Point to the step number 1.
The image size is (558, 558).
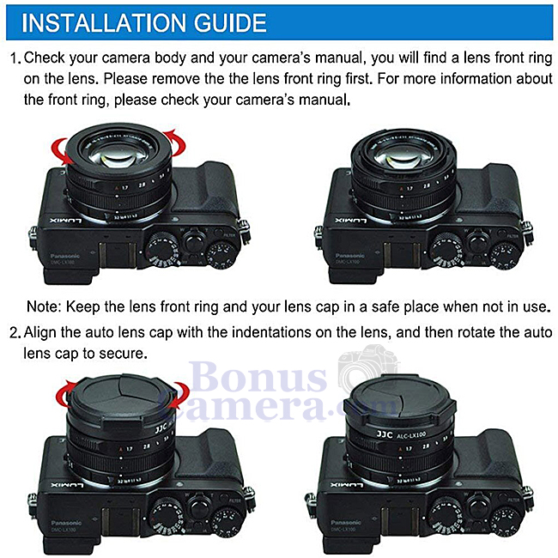pos(14,61)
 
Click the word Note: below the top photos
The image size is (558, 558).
pos(44,306)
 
